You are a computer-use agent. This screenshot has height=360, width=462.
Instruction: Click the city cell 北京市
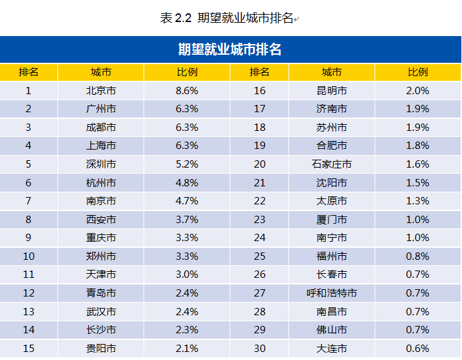tap(101, 90)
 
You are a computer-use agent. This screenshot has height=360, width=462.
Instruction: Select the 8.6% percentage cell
tap(187, 90)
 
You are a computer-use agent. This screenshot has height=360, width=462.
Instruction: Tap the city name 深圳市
tap(101, 164)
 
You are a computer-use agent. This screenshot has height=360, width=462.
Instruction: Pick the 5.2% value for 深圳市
tap(187, 164)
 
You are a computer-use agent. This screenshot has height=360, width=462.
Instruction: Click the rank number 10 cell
tap(28, 256)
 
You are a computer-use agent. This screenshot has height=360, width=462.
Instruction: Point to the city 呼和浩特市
tap(332, 293)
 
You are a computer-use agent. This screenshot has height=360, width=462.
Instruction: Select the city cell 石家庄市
tap(332, 164)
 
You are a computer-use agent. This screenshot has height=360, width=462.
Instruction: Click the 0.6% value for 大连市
tap(417, 348)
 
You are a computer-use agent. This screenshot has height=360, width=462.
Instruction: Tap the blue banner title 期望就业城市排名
tap(230, 49)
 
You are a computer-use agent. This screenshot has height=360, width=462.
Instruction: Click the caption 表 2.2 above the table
tap(176, 18)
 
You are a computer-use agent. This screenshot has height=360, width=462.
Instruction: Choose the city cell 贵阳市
tap(101, 348)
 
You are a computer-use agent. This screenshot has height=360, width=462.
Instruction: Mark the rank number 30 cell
tap(260, 348)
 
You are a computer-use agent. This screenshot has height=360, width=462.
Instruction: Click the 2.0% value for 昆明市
tap(417, 90)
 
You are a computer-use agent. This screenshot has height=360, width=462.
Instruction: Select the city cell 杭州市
tap(101, 182)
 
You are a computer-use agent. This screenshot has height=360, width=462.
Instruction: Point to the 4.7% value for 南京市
tap(187, 200)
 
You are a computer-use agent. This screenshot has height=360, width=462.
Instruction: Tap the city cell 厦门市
tap(332, 219)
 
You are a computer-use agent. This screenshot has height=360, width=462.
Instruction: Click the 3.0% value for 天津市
tap(187, 275)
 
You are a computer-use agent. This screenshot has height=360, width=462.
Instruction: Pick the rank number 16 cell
tap(260, 90)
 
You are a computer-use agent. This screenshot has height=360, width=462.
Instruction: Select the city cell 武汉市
tap(101, 311)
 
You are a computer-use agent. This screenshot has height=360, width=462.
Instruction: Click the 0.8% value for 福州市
tap(417, 256)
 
